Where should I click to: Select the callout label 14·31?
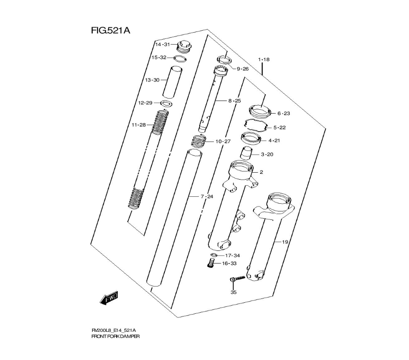coord(162,44)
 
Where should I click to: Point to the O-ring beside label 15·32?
coord(180,59)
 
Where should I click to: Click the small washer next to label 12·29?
coord(166,102)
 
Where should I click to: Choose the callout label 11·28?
coord(139,125)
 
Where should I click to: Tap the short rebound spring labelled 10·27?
coord(199,142)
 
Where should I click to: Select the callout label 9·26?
coord(243,69)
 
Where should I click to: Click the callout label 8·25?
coord(235,101)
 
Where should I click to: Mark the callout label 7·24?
coord(207,197)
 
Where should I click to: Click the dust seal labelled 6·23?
coord(259,111)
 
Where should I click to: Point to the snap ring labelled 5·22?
coord(256,124)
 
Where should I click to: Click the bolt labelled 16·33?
coord(211,263)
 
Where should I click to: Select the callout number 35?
coord(234,292)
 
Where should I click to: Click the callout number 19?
coord(285,242)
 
